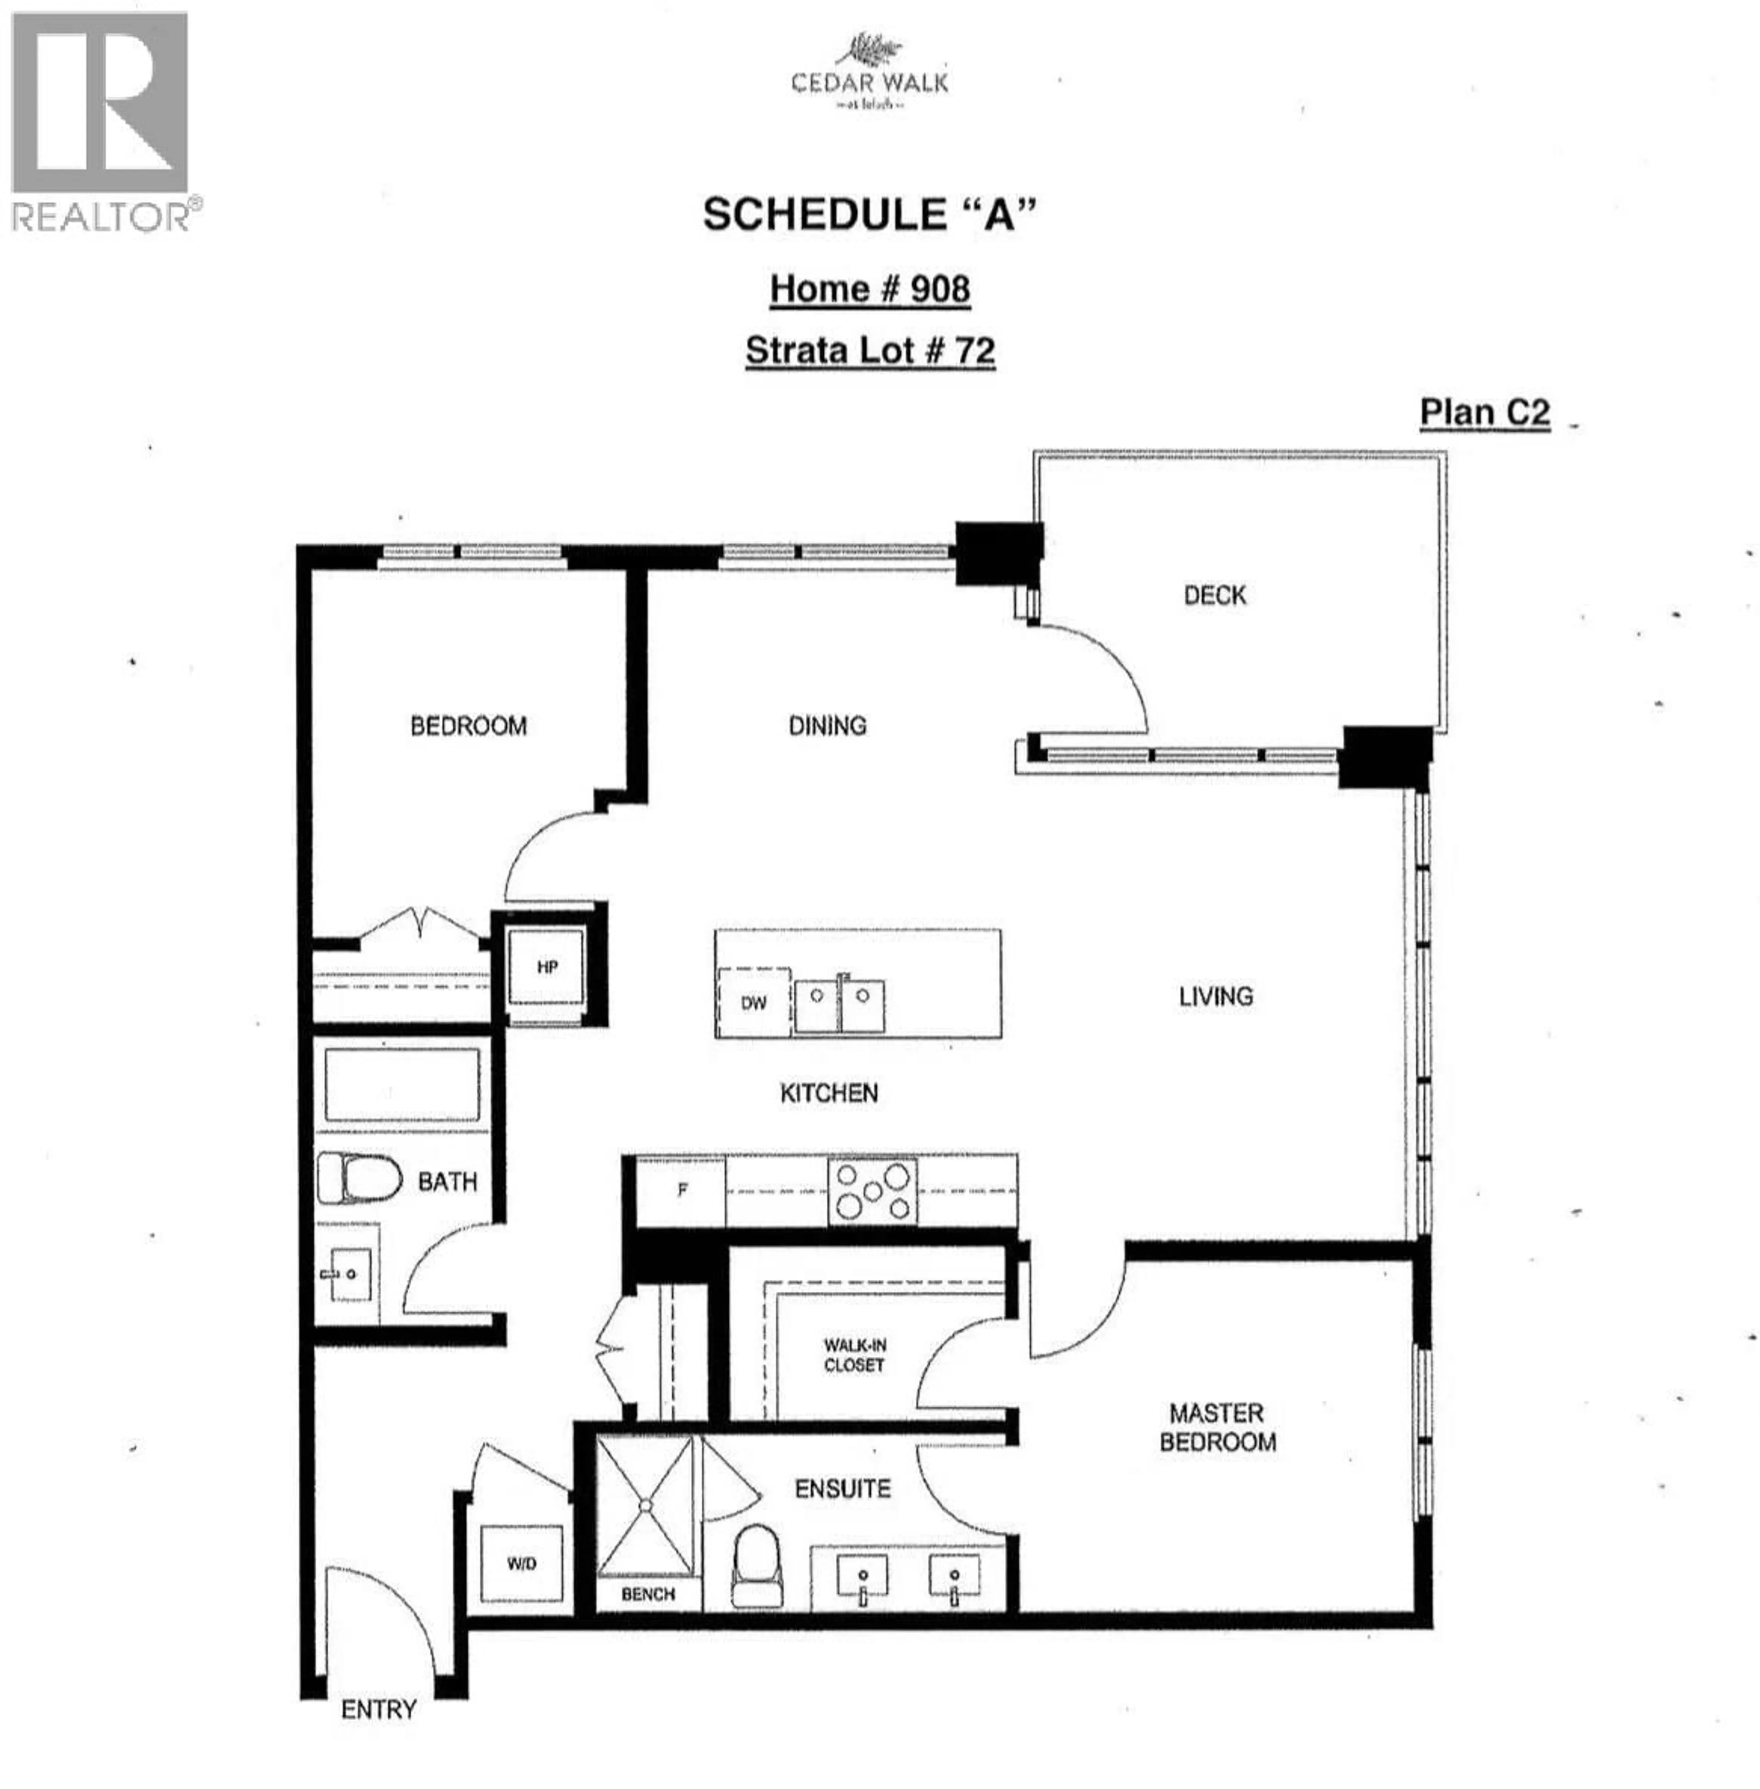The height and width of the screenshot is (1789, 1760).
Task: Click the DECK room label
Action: coord(1215,595)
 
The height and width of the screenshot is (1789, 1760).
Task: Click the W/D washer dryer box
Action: coord(521,1563)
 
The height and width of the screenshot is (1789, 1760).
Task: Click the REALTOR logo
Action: coord(102,120)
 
